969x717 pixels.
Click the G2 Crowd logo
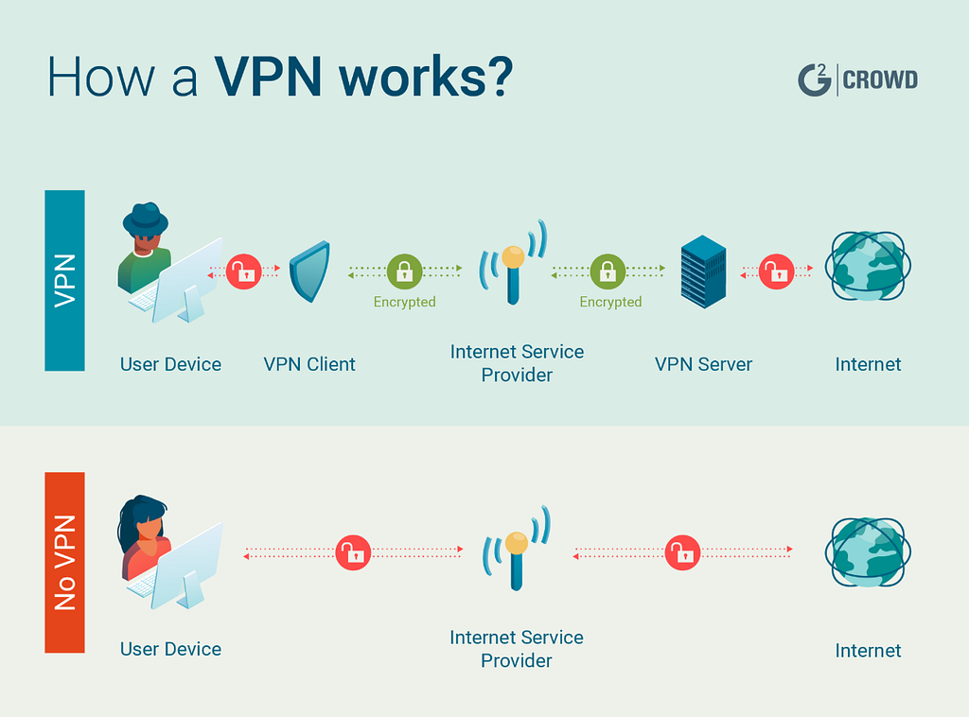pyautogui.click(x=857, y=79)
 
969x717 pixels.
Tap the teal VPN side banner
pyautogui.click(x=64, y=280)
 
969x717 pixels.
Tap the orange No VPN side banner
pyautogui.click(x=64, y=562)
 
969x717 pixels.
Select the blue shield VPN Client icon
pyautogui.click(x=310, y=271)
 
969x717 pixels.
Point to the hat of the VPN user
pyautogui.click(x=145, y=219)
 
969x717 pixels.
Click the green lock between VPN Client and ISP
pyautogui.click(x=404, y=271)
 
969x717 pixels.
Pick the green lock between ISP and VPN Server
pyautogui.click(x=608, y=271)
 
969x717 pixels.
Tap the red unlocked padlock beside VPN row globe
pyautogui.click(x=776, y=271)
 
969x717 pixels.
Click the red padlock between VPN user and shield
pyautogui.click(x=244, y=271)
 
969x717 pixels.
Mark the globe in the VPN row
pyautogui.click(x=868, y=268)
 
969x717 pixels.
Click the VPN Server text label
pyautogui.click(x=703, y=364)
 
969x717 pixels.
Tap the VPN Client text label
pyautogui.click(x=309, y=364)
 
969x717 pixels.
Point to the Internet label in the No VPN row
pyautogui.click(x=868, y=650)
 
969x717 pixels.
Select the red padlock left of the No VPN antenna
pyautogui.click(x=353, y=552)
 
